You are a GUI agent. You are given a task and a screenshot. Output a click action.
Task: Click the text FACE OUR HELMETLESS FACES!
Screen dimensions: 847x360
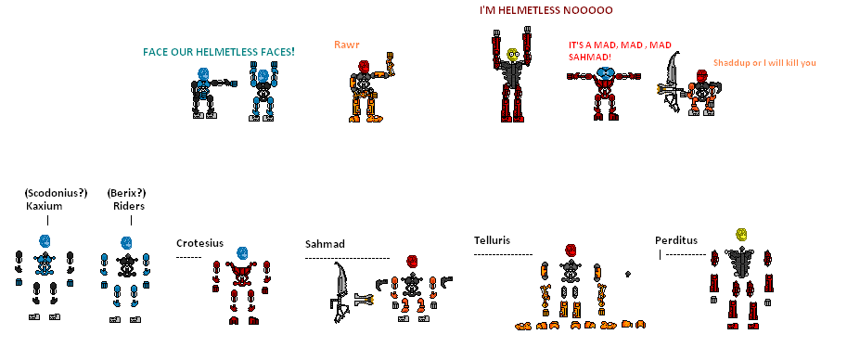coord(219,51)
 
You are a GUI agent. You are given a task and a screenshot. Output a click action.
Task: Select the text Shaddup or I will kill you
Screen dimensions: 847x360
coord(764,63)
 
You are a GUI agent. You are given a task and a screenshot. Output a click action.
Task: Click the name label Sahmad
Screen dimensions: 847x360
coord(325,244)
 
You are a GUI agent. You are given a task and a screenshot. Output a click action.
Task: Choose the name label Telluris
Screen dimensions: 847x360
coord(493,239)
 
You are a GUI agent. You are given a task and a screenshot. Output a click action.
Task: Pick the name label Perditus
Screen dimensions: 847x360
coord(675,239)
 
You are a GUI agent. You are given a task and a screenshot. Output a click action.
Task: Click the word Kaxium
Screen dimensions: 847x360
coord(44,206)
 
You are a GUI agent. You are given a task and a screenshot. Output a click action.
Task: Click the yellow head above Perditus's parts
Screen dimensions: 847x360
coord(741,235)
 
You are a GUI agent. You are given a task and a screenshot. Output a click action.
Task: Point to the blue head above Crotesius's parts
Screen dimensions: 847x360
coord(243,252)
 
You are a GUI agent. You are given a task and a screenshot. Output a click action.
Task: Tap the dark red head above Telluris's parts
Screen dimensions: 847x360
coord(571,251)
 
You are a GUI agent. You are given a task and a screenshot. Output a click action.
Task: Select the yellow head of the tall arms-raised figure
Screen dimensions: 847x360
coord(511,56)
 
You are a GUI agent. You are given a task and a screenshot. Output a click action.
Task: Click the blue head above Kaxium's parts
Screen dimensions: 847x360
coord(44,243)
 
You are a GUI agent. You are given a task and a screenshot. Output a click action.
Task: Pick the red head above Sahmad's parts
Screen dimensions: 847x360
coord(411,261)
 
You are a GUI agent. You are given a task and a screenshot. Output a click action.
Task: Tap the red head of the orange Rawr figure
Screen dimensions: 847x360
coord(365,68)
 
